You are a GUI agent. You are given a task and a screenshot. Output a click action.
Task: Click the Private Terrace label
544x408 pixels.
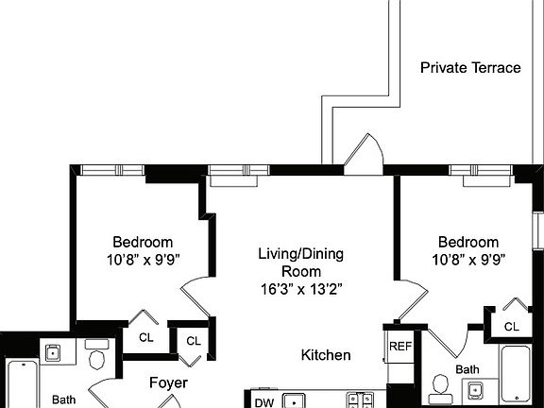470,68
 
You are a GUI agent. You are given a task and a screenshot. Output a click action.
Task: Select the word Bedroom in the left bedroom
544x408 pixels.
143,241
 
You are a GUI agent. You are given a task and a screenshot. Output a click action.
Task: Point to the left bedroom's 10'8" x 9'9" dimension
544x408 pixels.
143,258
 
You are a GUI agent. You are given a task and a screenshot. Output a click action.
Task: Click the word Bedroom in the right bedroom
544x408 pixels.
467,242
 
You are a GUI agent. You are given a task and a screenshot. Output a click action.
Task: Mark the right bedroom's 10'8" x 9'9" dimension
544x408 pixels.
467,259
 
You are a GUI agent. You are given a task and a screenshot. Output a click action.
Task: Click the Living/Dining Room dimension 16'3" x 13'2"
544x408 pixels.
300,289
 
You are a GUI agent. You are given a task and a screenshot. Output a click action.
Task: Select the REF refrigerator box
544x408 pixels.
399,347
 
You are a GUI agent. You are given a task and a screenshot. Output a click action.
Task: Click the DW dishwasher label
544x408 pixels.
264,401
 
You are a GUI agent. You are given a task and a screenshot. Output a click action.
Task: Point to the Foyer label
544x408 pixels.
169,383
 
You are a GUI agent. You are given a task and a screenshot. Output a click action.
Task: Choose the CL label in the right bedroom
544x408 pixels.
511,327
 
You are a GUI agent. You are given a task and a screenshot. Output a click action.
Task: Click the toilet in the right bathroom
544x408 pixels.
439,385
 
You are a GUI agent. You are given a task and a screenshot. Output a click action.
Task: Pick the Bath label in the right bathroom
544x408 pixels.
467,369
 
